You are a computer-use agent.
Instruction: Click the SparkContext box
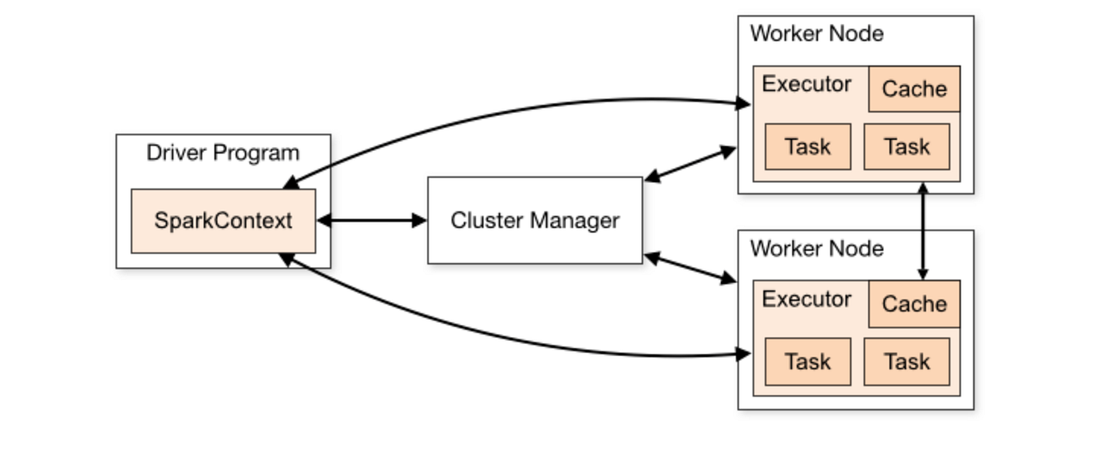[223, 220]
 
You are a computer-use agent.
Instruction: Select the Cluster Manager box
[534, 220]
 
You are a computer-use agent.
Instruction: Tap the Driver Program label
[223, 153]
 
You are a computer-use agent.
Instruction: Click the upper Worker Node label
[816, 34]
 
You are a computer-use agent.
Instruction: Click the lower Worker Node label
[816, 248]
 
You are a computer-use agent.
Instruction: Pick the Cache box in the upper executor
[913, 89]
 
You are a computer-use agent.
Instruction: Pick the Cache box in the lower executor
[913, 304]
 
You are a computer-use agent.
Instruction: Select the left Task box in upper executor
[808, 146]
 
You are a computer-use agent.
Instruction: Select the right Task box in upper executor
[906, 146]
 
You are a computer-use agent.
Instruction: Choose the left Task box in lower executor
[808, 362]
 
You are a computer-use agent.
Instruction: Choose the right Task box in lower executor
[906, 362]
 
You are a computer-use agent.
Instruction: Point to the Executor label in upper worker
[806, 84]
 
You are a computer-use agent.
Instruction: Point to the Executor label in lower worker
[806, 299]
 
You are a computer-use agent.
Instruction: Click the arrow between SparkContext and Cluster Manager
[371, 220]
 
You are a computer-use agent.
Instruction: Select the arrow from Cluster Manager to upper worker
[690, 165]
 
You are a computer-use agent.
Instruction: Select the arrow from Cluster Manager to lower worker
[690, 268]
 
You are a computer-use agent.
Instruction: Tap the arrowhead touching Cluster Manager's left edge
[419, 220]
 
